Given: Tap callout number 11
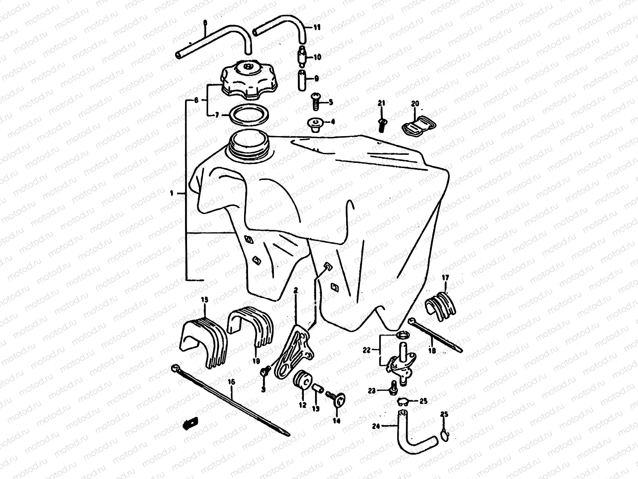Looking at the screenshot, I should tap(317, 28).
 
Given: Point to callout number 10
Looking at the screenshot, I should tap(317, 57).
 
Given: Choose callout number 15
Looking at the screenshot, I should tap(204, 299).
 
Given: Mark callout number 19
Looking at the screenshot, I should tap(256, 360).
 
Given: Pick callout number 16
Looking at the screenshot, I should tap(232, 382).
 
